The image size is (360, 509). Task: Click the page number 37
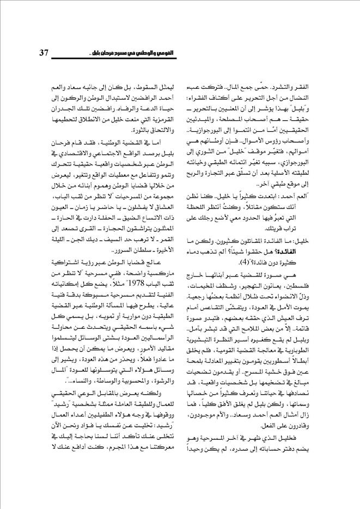(x=45, y=53)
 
